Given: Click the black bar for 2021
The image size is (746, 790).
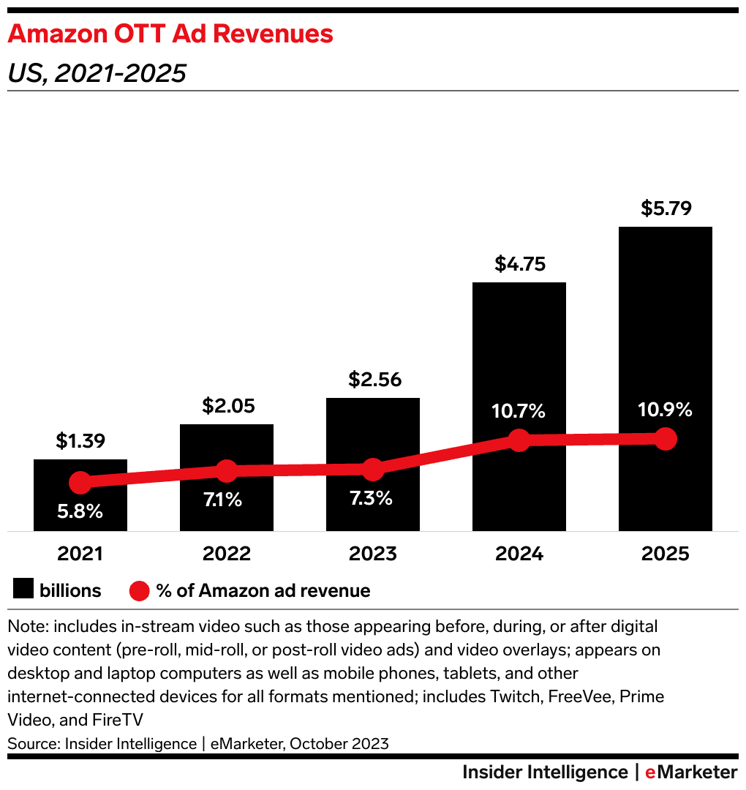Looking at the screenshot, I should [x=80, y=512].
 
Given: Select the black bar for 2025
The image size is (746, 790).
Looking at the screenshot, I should [x=665, y=329].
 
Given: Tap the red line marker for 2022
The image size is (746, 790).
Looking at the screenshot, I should [x=227, y=472].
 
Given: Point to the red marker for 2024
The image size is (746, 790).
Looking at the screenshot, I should [x=519, y=440].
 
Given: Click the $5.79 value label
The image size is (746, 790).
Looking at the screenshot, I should [x=666, y=208].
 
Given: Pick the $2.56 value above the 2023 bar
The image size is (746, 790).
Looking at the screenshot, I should [x=374, y=380].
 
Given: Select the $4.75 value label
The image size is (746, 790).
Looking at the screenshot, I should [x=519, y=264].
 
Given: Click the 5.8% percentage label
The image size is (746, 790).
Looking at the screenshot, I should [x=80, y=511].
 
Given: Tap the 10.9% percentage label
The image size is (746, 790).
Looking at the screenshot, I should [x=665, y=410].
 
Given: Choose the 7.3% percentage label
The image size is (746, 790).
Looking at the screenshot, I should [x=372, y=499].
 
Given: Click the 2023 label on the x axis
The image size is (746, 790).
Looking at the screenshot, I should [x=373, y=554].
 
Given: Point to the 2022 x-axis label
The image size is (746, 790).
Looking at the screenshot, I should [x=227, y=554].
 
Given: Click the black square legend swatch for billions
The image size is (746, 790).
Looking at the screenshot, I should [x=23, y=590].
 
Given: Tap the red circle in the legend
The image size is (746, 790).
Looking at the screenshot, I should [x=139, y=590].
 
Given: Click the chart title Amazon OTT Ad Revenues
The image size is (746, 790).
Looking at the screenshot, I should [x=170, y=34].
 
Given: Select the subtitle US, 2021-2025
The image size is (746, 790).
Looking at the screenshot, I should [x=97, y=73].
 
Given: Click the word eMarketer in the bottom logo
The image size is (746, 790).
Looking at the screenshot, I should [x=691, y=772].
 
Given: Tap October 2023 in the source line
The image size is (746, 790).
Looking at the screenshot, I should [x=339, y=744].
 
